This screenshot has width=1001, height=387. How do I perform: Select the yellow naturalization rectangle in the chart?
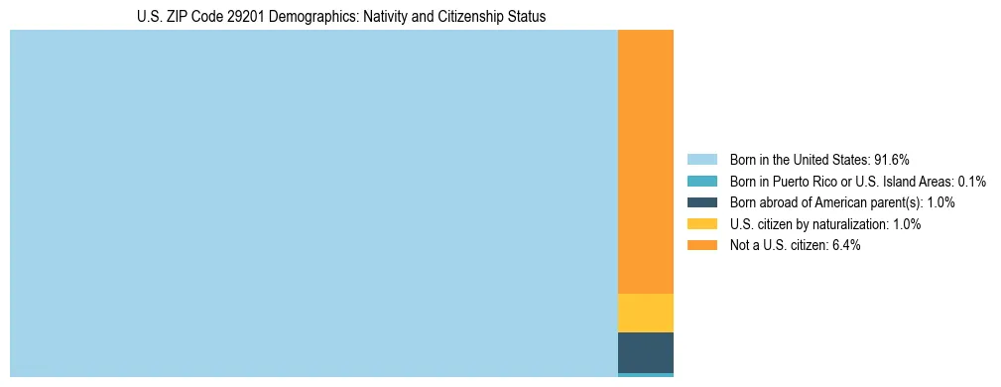click(x=645, y=313)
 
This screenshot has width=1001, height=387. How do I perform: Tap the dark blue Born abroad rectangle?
click(x=645, y=352)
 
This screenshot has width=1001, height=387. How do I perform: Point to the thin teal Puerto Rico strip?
click(x=645, y=375)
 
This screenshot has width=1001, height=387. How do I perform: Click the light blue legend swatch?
click(x=701, y=160)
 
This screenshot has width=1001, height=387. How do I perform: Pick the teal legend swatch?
click(x=701, y=182)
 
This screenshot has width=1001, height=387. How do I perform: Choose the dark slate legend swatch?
click(x=701, y=202)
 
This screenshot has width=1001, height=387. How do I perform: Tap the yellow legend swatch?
click(x=701, y=224)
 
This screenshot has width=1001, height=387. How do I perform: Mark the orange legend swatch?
click(x=701, y=245)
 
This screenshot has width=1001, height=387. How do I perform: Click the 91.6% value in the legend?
click(x=892, y=160)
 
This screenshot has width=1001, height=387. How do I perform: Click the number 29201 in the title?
click(x=223, y=17)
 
